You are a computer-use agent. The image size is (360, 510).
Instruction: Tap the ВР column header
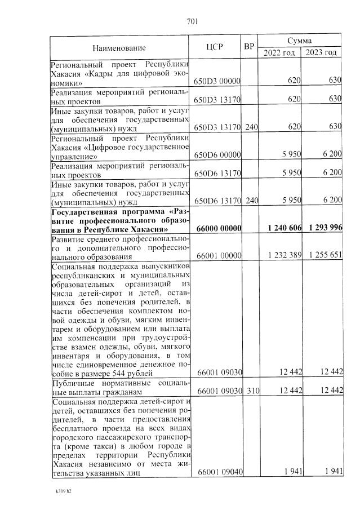click(250, 47)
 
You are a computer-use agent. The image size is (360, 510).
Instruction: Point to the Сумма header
click(300, 41)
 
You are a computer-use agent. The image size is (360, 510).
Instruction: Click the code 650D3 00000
click(217, 81)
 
